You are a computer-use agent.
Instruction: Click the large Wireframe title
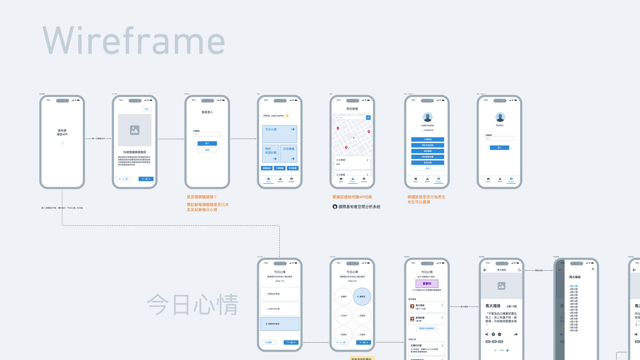133,41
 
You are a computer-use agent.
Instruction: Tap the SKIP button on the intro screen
146,109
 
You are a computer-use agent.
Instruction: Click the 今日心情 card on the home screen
279,134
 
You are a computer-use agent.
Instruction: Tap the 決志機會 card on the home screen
289,153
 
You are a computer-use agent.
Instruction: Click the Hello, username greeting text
273,116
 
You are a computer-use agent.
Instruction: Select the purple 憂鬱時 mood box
427,284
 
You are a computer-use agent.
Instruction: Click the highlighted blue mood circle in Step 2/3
362,297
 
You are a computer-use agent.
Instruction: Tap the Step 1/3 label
280,281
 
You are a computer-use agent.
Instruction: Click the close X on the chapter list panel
593,269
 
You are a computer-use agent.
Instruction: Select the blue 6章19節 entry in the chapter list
573,286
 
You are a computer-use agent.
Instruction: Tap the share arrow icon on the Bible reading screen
516,334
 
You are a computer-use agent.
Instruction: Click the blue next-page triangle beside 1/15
508,350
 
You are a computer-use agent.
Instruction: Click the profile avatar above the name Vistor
500,117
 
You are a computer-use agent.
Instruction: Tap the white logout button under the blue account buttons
428,169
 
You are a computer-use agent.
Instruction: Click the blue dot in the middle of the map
354,138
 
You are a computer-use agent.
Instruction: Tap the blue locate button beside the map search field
368,118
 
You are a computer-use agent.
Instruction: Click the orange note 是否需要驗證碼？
202,197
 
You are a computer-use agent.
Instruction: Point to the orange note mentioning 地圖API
352,197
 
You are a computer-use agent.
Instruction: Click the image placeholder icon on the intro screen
135,130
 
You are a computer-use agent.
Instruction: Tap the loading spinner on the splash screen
62,143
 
